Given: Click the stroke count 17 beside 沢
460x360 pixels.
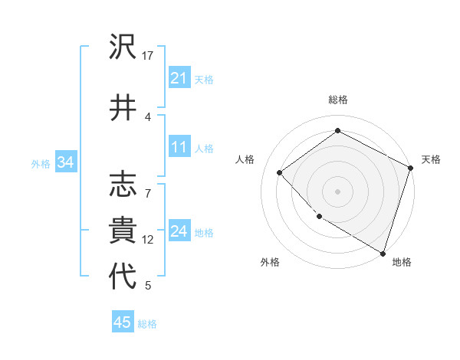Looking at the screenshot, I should tap(148, 56).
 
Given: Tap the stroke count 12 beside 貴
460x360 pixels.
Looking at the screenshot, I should tap(148, 240).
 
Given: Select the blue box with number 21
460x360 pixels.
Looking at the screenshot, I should tap(179, 78).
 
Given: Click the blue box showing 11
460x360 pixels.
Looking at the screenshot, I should tap(179, 148).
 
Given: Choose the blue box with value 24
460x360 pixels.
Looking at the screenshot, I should tap(179, 231).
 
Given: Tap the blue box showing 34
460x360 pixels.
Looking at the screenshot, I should tap(65, 162).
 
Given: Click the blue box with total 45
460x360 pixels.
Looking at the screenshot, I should tap(123, 322).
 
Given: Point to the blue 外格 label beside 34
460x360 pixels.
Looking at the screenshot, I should tap(41, 163).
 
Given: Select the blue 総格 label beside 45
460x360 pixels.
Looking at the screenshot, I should tap(147, 323).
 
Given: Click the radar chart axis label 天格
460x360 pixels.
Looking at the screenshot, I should tap(432, 159).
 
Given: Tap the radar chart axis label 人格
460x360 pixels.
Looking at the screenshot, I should tap(245, 159).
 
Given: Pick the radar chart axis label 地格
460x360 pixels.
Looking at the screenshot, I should tap(402, 262).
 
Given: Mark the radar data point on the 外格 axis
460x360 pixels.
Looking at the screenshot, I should tap(320, 217).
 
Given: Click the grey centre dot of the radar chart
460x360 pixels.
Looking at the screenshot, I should tap(337, 191).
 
